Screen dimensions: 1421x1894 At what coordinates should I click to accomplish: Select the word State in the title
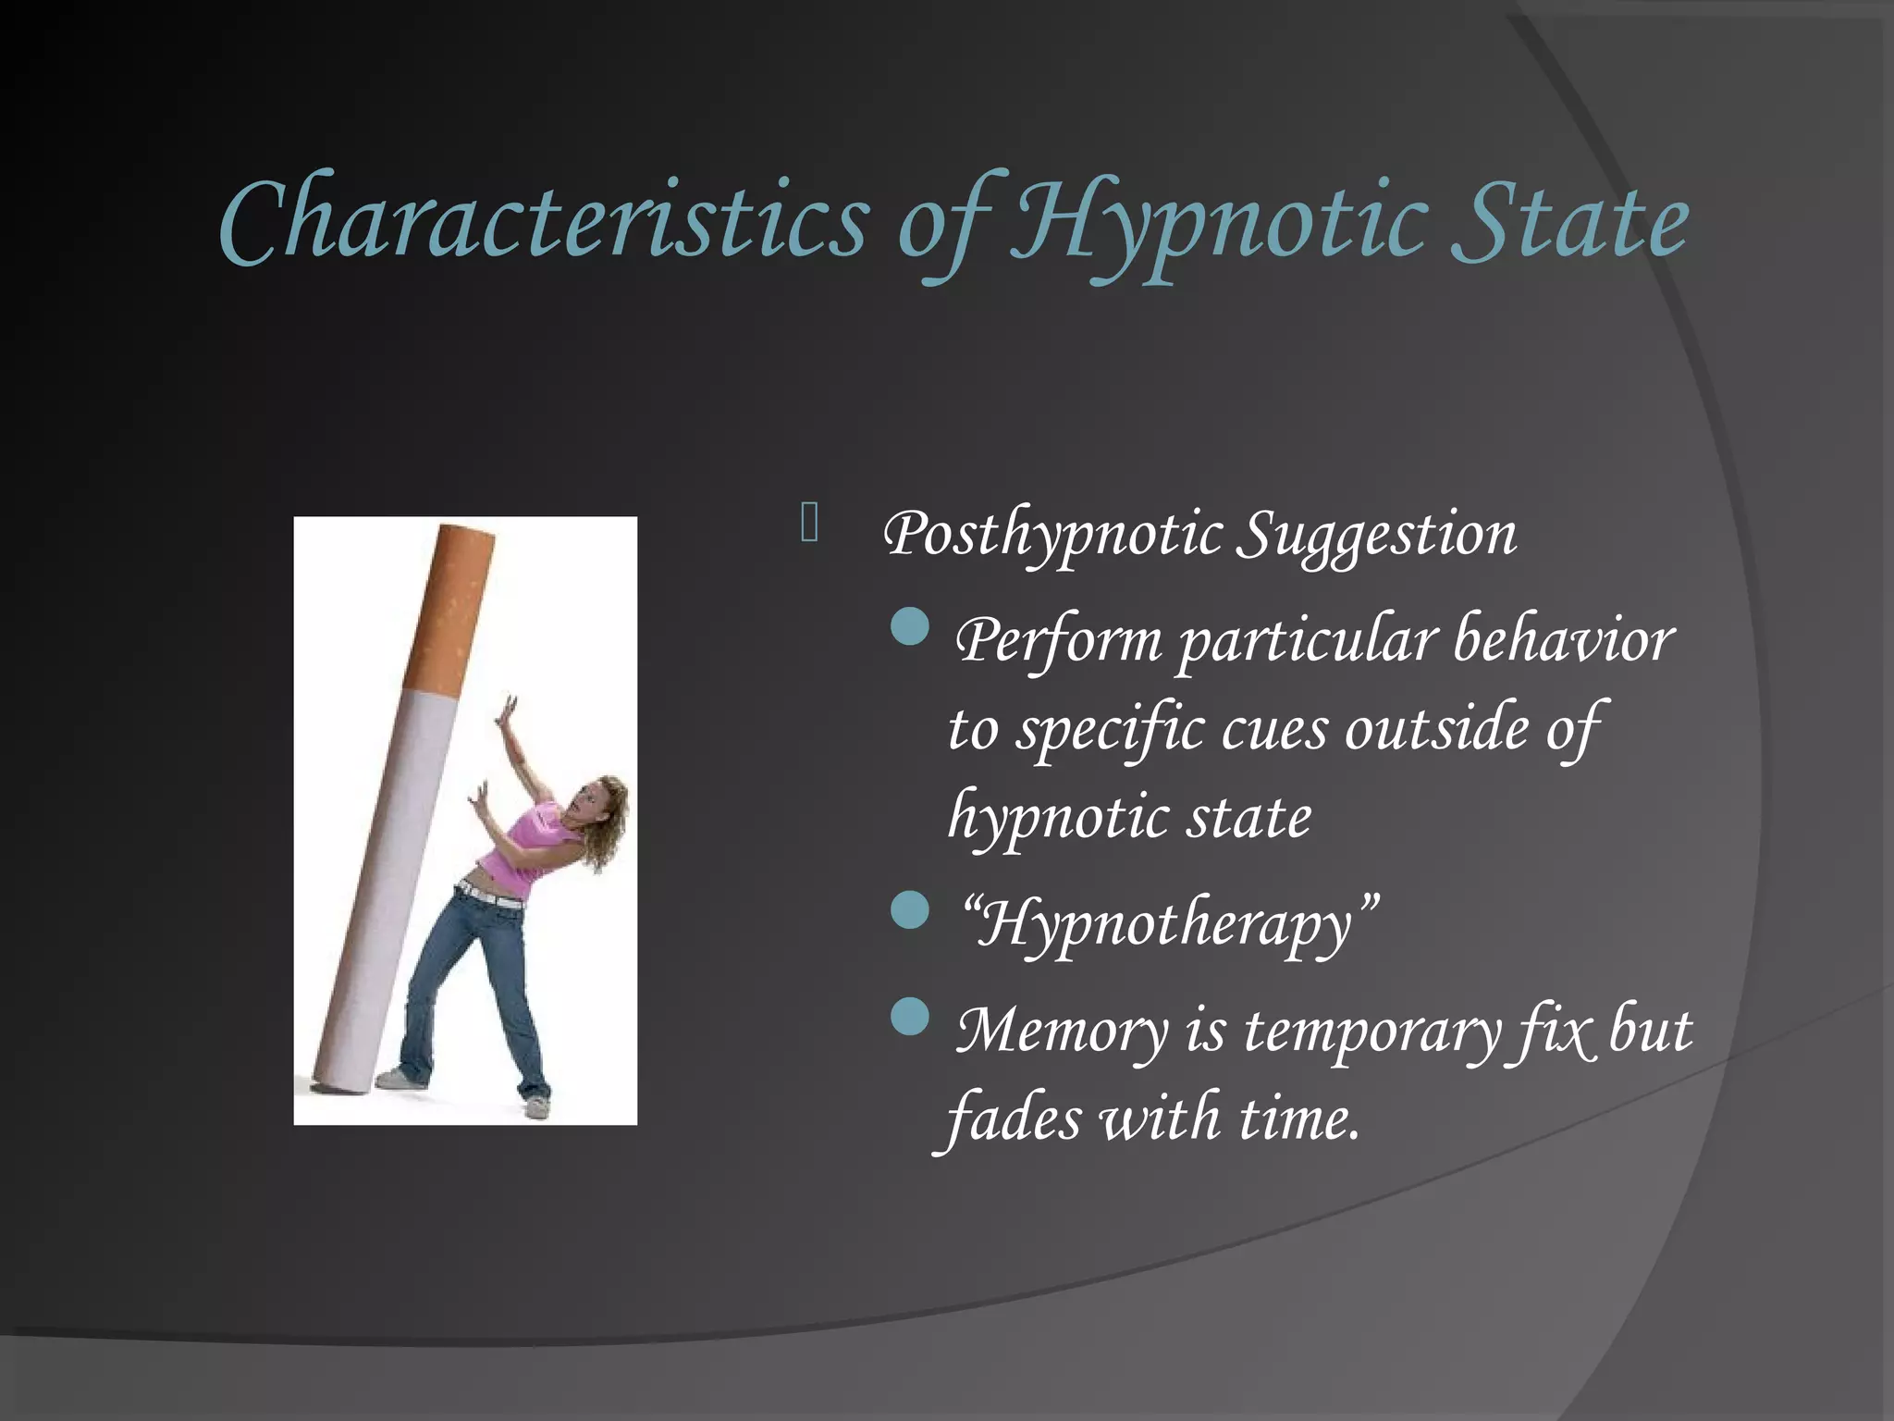pyautogui.click(x=1569, y=222)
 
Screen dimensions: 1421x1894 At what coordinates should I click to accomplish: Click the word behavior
pyautogui.click(x=1563, y=640)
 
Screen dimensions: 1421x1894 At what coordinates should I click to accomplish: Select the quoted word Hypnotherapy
pyautogui.click(x=1169, y=924)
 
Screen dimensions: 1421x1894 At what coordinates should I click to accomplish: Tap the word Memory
pyautogui.click(x=1063, y=1030)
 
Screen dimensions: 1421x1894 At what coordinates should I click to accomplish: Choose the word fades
pyautogui.click(x=1013, y=1118)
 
